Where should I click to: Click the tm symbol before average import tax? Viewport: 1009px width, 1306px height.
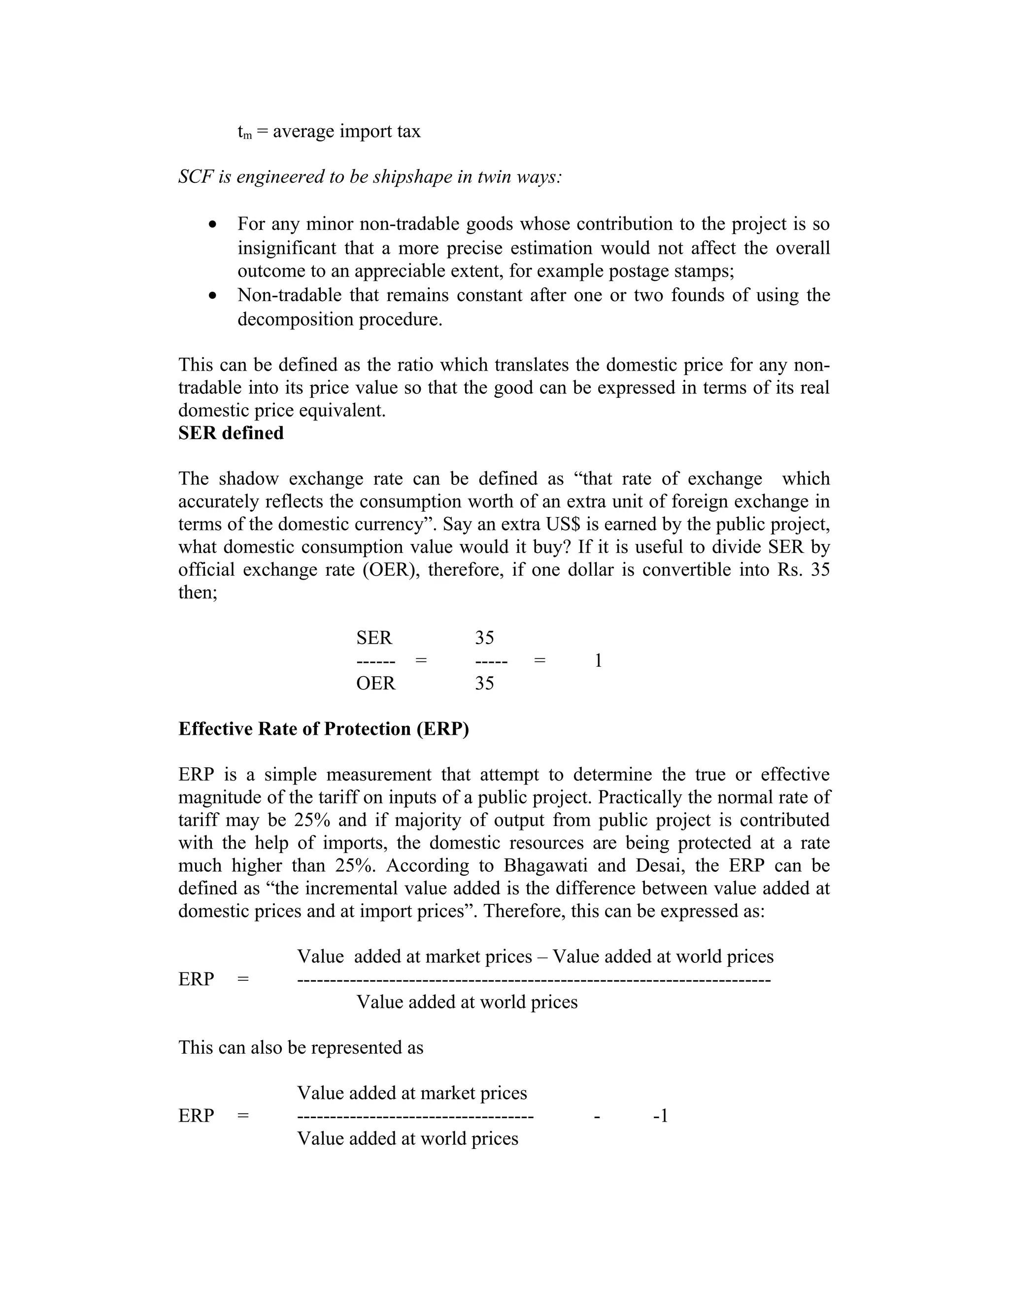point(244,132)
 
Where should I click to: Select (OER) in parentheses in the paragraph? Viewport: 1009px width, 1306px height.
point(390,569)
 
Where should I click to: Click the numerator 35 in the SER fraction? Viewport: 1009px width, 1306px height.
point(484,638)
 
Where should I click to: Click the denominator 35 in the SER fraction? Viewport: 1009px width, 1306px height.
point(484,683)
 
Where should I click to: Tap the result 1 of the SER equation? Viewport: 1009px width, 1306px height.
point(598,661)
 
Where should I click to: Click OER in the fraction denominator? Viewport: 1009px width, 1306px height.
point(375,683)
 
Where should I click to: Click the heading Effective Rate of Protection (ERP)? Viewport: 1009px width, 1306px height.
point(323,729)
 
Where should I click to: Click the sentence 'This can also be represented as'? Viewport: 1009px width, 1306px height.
point(301,1048)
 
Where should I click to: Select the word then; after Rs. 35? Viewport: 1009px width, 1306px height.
point(197,592)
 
